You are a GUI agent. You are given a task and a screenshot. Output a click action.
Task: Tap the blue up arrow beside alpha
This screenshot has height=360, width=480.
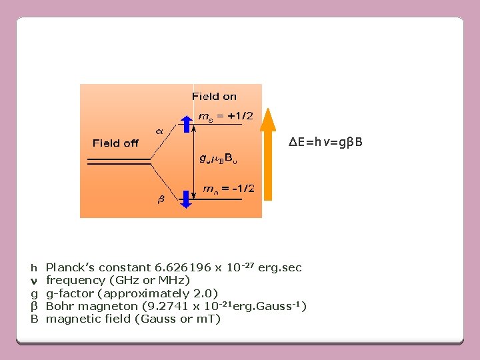pyautogui.click(x=187, y=125)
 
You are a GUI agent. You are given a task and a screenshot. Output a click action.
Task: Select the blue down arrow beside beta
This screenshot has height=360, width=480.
pyautogui.click(x=187, y=198)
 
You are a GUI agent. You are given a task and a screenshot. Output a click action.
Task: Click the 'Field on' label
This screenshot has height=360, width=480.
pyautogui.click(x=214, y=97)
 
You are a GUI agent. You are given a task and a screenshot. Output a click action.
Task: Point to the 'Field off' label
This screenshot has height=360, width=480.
pyautogui.click(x=115, y=143)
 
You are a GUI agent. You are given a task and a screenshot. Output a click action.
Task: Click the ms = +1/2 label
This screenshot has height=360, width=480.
pyautogui.click(x=226, y=116)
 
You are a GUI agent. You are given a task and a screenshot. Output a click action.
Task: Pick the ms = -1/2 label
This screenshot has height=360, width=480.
pyautogui.click(x=226, y=189)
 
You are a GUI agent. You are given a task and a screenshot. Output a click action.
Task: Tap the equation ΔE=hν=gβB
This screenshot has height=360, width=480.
pyautogui.click(x=325, y=142)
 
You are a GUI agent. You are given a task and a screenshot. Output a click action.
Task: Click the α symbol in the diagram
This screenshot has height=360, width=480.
pyautogui.click(x=160, y=131)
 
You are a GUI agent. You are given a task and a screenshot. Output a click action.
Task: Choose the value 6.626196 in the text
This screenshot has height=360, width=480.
pyautogui.click(x=178, y=268)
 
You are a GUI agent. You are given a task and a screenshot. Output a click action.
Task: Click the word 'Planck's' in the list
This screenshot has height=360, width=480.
pyautogui.click(x=71, y=268)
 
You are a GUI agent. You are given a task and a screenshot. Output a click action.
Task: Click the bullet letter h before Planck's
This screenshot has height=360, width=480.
pyautogui.click(x=33, y=268)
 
